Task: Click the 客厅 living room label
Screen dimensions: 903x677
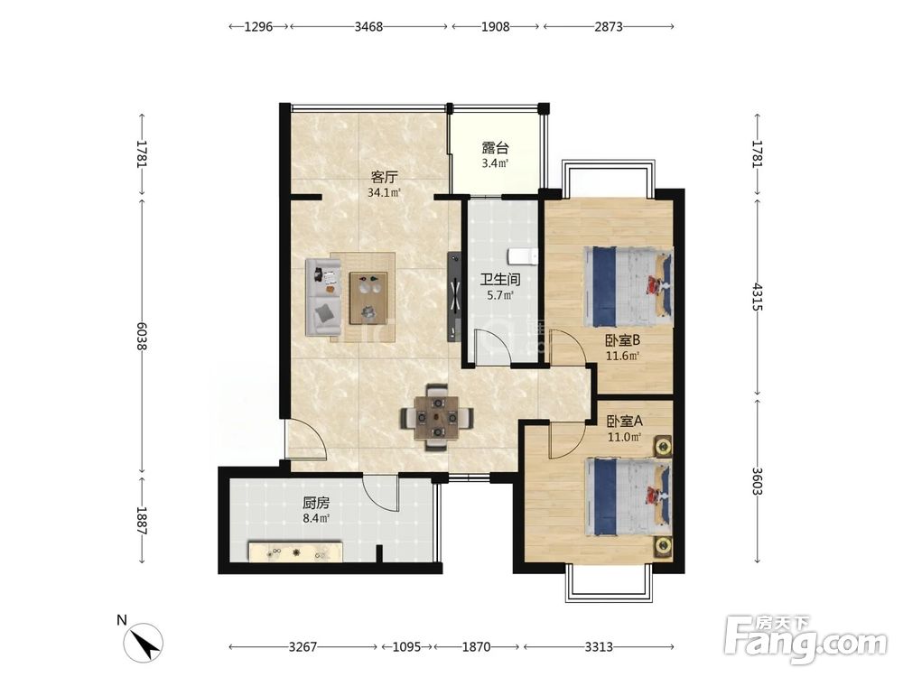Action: (x=384, y=177)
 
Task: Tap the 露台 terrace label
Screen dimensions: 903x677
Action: (x=495, y=148)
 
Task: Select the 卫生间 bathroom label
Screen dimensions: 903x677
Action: (x=500, y=280)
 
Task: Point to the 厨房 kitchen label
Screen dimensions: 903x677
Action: (x=316, y=503)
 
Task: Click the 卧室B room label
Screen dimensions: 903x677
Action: (x=622, y=340)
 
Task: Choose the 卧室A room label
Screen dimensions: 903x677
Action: (x=624, y=422)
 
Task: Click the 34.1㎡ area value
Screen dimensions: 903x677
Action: (x=384, y=193)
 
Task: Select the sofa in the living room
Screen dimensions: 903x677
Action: (x=323, y=297)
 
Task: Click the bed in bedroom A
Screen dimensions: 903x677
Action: (x=628, y=496)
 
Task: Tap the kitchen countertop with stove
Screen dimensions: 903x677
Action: (x=296, y=552)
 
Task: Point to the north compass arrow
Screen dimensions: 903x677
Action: (x=145, y=643)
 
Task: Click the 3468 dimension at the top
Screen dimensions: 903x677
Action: (x=368, y=26)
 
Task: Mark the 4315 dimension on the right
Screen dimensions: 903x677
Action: (x=758, y=297)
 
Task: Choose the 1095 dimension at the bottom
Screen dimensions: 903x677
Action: (x=406, y=647)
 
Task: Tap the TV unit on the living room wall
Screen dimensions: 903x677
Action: (x=454, y=297)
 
